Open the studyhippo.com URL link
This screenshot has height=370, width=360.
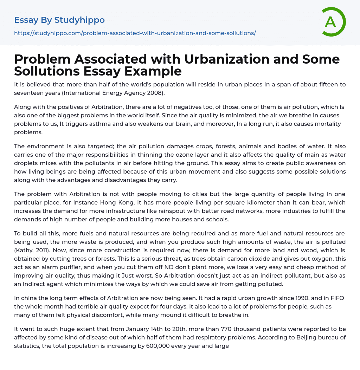[x=135, y=33]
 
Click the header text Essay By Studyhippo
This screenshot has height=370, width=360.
[x=59, y=20]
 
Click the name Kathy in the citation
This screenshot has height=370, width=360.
[x=24, y=250]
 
